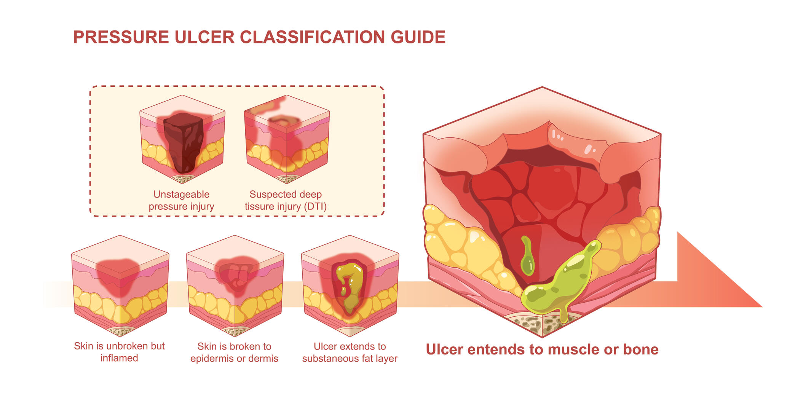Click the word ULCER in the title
click(204, 37)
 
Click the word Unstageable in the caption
click(181, 195)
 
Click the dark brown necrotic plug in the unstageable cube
click(183, 141)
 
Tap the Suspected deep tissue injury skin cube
click(287, 139)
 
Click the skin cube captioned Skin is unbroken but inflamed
click(120, 286)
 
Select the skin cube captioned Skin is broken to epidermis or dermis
click(235, 286)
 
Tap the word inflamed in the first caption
click(119, 358)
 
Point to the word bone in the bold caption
click(640, 349)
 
